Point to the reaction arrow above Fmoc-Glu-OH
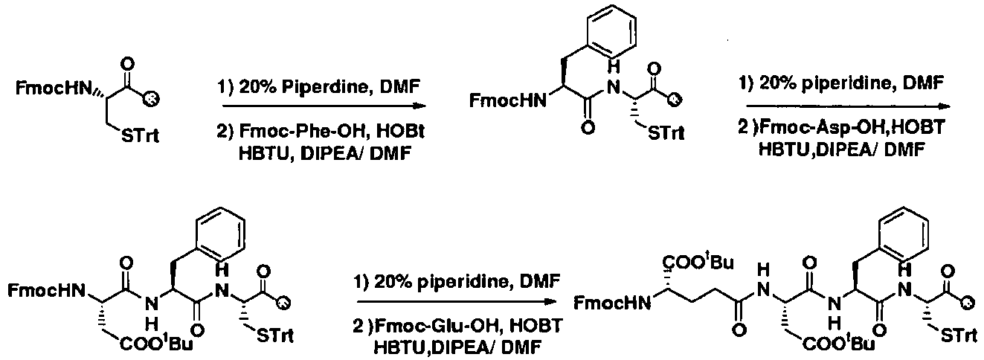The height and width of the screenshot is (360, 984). coord(457,302)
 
